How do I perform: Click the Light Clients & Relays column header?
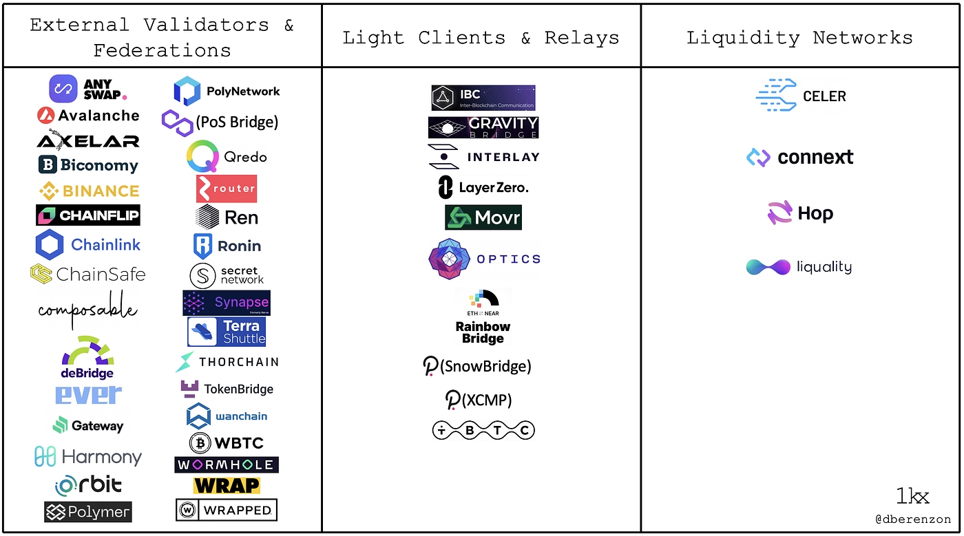481,38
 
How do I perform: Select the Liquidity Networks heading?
799,38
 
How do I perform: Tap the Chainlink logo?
88,244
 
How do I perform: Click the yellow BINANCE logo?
88,191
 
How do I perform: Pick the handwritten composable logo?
87,310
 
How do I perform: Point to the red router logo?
227,189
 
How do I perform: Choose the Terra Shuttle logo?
227,332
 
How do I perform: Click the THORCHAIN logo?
227,362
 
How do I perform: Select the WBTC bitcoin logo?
227,442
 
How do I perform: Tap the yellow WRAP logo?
227,486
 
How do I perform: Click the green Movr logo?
483,217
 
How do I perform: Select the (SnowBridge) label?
477,366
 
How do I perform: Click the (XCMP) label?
479,400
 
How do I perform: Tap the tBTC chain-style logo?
483,431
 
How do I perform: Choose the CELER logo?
801,96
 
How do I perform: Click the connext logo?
800,158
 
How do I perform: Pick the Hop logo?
800,213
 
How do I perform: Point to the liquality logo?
799,267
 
